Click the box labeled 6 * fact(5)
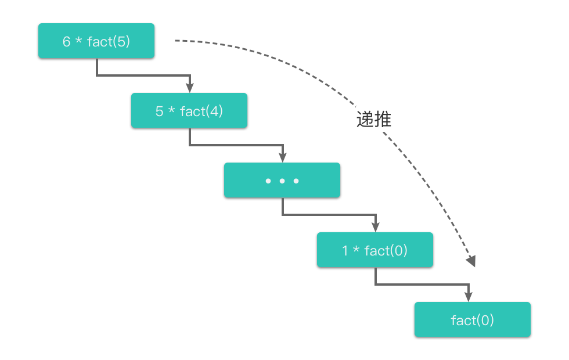coord(96,41)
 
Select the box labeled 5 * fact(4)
coord(189,111)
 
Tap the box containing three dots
coord(282,181)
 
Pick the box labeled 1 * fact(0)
coord(374,250)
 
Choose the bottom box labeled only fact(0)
coord(472,319)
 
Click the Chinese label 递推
coord(374,120)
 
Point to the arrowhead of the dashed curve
coord(471,261)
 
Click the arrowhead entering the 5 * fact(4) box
coord(189,88)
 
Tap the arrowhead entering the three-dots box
coord(283,157)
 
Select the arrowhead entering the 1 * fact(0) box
coord(376,227)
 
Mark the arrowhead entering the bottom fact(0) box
coord(469,297)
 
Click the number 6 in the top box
coord(66,41)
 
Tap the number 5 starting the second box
coord(159,111)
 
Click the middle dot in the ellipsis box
coord(282,181)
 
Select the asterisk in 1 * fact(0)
coord(356,250)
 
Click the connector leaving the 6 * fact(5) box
coord(97,67)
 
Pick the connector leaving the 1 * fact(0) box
coord(376,276)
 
